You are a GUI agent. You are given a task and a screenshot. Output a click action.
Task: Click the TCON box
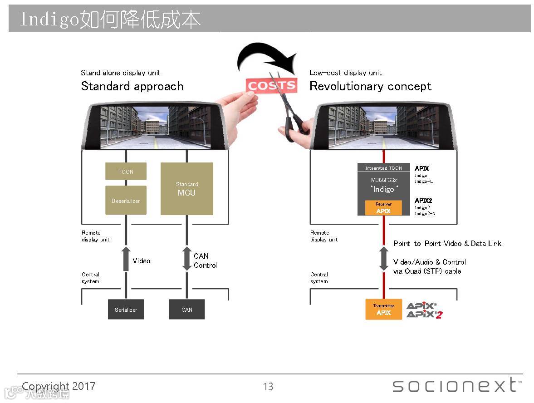[x=126, y=171]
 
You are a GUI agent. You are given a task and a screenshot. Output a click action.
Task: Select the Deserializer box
[x=126, y=200]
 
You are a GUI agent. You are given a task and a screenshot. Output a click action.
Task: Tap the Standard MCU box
[x=187, y=189]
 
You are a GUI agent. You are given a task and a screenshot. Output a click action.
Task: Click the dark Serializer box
[x=126, y=310]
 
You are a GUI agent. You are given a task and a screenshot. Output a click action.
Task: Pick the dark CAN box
[x=187, y=310]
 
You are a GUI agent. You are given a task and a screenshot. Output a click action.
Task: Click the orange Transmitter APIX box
[x=384, y=309]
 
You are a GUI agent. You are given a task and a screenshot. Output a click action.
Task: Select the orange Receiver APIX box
[x=383, y=207]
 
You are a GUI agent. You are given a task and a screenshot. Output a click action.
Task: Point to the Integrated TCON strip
[x=383, y=168]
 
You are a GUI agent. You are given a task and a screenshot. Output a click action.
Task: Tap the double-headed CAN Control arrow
[x=187, y=259]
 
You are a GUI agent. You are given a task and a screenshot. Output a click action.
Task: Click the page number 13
[x=268, y=387]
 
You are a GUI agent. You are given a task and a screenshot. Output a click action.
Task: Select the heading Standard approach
[x=132, y=86]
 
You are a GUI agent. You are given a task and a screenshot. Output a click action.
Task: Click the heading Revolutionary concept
[x=370, y=86]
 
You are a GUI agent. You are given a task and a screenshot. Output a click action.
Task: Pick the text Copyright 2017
[x=59, y=386]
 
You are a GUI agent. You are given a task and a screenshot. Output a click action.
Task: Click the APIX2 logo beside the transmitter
[x=424, y=314]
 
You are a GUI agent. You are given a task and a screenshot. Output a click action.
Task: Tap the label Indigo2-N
[x=425, y=213]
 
